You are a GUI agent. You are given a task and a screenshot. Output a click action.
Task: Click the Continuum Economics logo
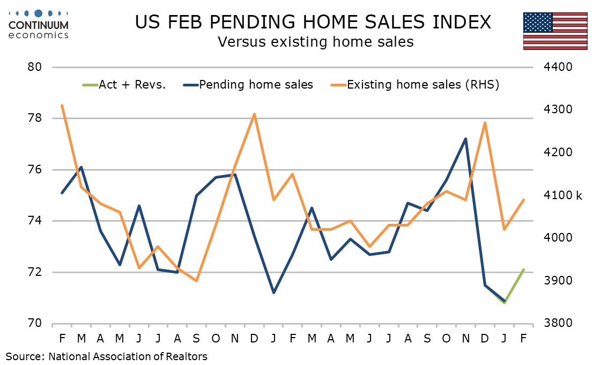pos(39,24)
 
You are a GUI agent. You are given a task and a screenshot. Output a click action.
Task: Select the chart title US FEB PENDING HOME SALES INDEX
pos(313,22)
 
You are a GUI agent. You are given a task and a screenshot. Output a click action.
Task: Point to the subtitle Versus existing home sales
pos(315,41)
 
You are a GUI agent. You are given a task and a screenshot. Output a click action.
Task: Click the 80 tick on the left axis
pos(35,67)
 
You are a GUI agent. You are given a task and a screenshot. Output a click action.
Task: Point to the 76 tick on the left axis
pos(35,170)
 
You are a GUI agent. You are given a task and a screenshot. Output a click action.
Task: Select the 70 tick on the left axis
pos(35,323)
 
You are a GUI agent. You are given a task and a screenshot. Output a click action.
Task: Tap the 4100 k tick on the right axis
pos(563,195)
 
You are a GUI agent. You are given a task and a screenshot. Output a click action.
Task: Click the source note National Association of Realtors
pos(106,356)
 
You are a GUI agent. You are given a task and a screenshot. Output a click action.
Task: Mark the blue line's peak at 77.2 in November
pos(465,138)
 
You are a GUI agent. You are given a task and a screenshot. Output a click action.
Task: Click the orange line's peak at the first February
pos(62,105)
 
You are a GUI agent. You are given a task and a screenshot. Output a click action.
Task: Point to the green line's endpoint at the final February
pos(523,269)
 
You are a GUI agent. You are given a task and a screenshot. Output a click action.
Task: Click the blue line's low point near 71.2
pos(273,293)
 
